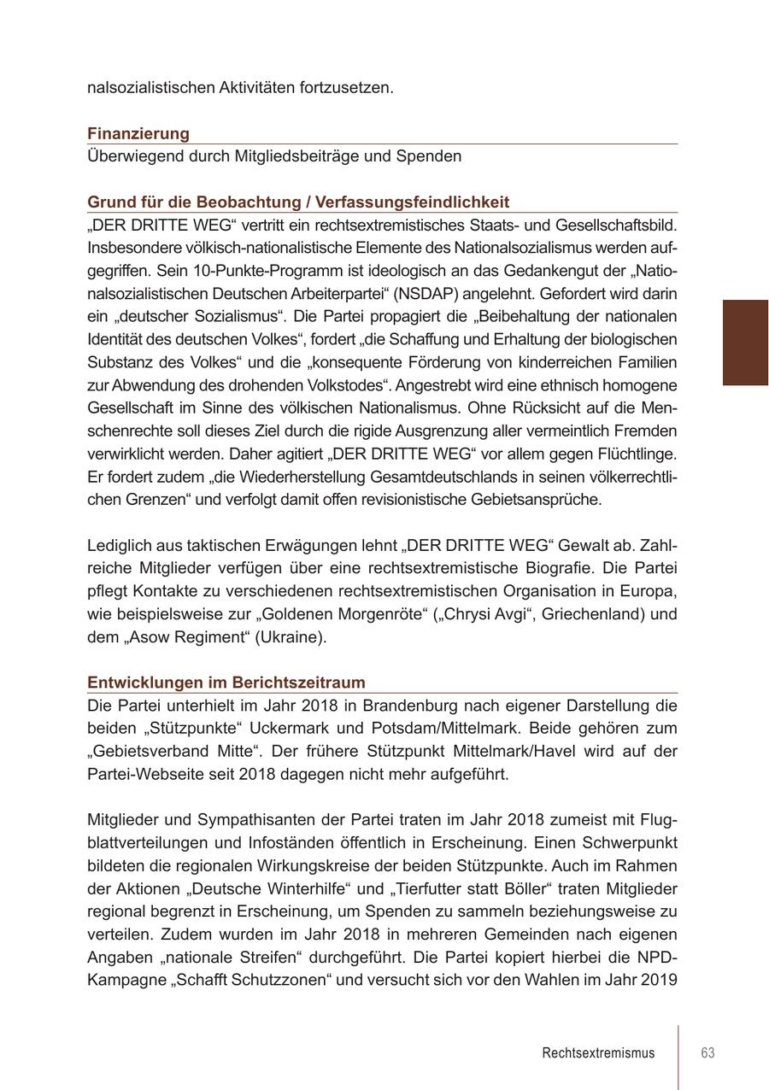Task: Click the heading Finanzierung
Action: tap(138, 134)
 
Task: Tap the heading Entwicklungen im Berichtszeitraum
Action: tap(226, 683)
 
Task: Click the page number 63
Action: tap(707, 1052)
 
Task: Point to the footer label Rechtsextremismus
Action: tap(598, 1052)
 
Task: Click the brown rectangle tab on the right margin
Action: tap(745, 343)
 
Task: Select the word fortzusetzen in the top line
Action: tap(345, 88)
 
